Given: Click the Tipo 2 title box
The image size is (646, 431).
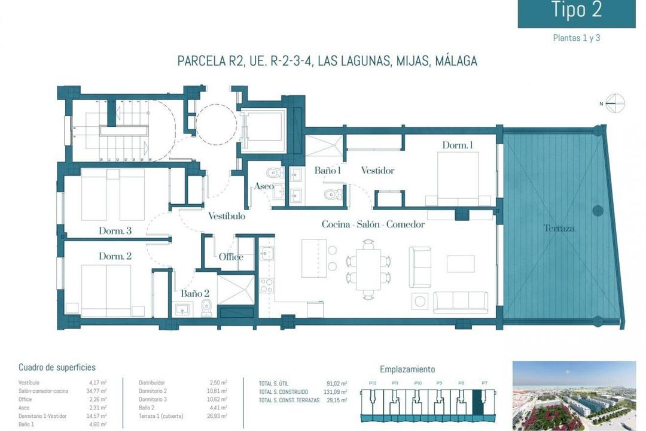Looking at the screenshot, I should [x=576, y=13].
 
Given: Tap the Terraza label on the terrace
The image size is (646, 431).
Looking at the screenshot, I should [x=559, y=228].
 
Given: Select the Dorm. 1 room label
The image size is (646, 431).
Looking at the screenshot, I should [x=458, y=145].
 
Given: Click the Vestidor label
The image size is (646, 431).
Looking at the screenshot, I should [x=377, y=171].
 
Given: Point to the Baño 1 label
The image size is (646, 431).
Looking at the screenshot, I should [x=327, y=171].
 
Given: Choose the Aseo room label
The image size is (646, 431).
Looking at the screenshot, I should [x=264, y=187].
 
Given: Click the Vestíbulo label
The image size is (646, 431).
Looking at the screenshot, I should [x=226, y=216].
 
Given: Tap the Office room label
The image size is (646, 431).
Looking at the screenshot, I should [x=230, y=257].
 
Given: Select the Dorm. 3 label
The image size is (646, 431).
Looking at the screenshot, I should [x=115, y=230].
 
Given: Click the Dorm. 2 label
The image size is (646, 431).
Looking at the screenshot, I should [x=115, y=256].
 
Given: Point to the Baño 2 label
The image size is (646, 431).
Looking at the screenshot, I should [x=194, y=293].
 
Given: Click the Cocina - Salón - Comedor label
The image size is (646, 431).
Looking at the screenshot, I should [x=373, y=224].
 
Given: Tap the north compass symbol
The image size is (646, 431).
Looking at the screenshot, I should [x=614, y=104].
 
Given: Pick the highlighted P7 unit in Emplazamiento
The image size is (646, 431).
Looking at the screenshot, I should [x=479, y=401].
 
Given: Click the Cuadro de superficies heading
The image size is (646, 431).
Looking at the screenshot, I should [x=57, y=368].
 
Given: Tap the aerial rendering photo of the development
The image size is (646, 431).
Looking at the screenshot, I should [x=574, y=396].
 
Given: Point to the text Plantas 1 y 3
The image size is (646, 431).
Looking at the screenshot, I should [x=576, y=38].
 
